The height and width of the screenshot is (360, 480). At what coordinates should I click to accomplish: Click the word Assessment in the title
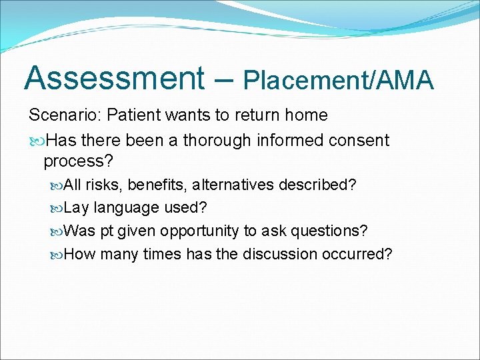click(115, 78)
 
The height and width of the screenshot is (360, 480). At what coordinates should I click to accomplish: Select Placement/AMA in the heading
click(338, 80)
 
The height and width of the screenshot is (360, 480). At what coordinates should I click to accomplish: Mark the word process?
click(79, 161)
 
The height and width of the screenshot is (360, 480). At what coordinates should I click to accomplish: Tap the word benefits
click(157, 185)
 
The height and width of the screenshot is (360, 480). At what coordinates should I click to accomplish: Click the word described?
click(318, 185)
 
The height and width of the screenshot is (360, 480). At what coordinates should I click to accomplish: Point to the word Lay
click(77, 208)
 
